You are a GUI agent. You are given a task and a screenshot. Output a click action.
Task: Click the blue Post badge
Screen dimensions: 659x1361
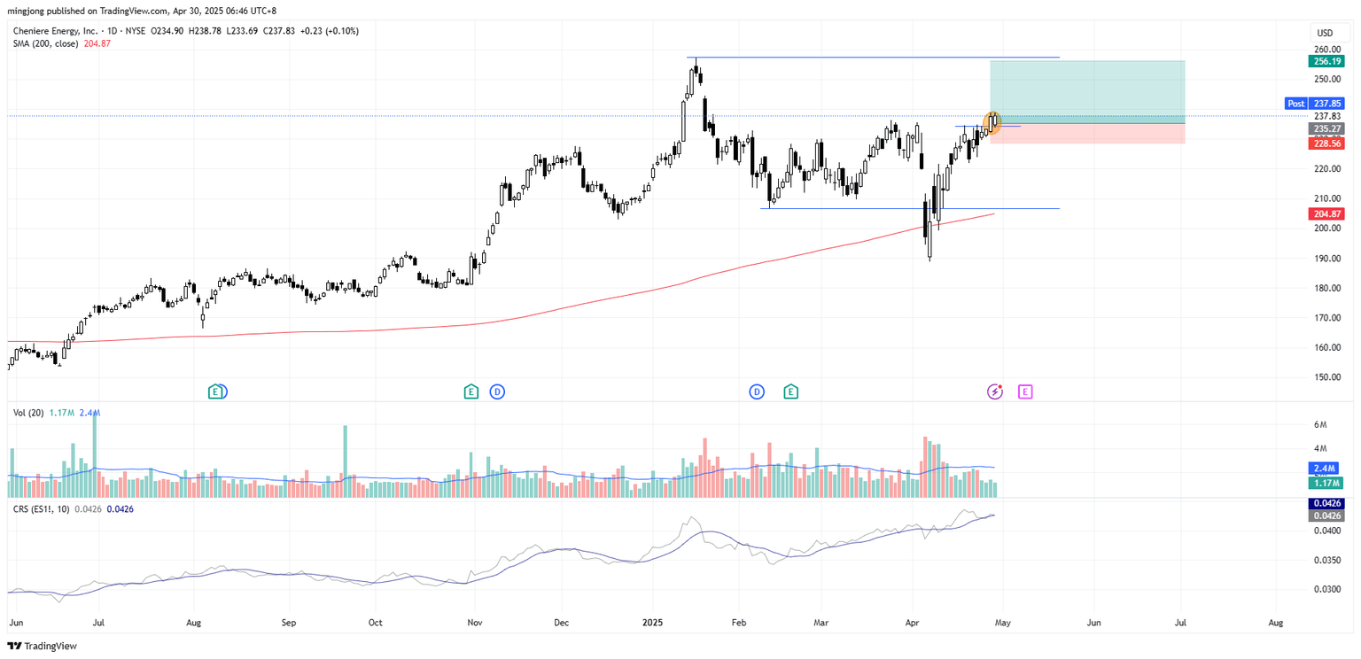(1295, 104)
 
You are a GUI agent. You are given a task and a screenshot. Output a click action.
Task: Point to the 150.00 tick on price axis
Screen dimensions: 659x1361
(1326, 377)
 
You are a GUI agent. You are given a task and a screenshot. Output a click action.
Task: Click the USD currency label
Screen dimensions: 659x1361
(1325, 33)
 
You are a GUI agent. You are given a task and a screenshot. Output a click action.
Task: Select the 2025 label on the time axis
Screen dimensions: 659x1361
(655, 623)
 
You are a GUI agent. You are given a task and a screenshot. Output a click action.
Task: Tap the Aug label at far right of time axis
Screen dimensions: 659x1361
(1275, 623)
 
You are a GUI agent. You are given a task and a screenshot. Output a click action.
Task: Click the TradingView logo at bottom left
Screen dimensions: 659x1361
(42, 646)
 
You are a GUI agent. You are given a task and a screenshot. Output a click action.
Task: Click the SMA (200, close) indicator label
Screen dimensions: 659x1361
(49, 43)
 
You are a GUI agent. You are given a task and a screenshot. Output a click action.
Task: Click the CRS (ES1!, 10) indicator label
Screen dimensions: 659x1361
(42, 509)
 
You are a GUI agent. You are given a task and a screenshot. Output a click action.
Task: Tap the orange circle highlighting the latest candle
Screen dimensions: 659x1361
(993, 122)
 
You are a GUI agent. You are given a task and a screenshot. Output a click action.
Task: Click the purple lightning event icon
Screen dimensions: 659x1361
(995, 392)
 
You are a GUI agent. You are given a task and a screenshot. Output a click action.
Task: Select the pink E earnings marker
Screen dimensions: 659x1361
(1025, 392)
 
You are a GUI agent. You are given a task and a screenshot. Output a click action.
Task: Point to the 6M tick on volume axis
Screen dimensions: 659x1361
(1319, 424)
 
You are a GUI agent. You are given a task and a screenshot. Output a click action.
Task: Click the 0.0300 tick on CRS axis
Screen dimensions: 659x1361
(1326, 589)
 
